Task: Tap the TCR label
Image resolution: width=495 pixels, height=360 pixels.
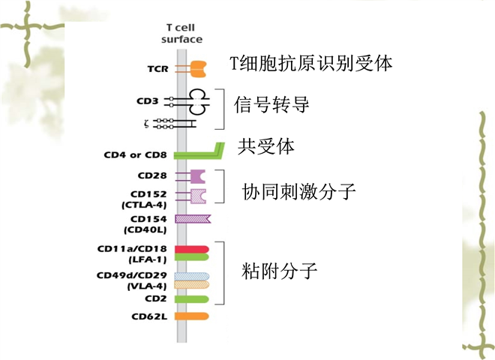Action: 157,70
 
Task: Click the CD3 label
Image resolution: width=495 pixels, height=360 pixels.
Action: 148,100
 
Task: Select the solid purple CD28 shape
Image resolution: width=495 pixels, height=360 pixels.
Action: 197,176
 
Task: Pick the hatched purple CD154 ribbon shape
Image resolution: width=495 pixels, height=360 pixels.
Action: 193,219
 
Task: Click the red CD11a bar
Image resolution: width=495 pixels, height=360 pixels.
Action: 191,248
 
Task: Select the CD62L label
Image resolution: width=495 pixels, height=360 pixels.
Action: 148,316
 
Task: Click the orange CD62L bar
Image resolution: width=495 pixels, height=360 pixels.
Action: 191,316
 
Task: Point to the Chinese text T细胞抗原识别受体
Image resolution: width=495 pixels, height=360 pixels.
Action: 311,63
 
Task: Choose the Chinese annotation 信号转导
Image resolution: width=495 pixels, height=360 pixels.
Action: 271,104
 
